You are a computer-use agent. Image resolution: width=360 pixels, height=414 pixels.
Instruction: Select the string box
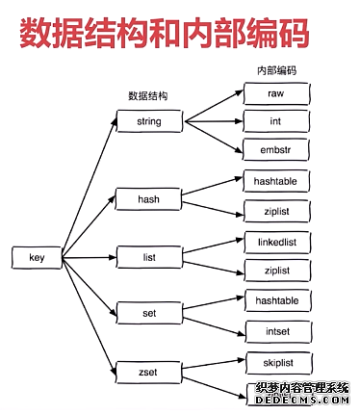(149, 121)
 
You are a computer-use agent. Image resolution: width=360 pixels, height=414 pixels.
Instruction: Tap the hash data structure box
(149, 200)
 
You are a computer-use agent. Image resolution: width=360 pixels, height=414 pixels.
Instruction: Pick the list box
(149, 257)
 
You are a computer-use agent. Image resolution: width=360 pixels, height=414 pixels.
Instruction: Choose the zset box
(149, 368)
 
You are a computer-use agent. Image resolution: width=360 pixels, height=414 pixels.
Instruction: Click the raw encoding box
(276, 93)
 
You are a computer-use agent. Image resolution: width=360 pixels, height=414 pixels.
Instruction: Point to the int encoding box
(276, 121)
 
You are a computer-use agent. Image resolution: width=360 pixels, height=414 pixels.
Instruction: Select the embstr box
(276, 149)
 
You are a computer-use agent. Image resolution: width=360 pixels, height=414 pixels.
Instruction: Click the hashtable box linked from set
(276, 300)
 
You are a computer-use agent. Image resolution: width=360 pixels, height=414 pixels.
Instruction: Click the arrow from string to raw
(212, 106)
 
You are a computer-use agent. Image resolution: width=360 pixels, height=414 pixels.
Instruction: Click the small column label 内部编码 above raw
(275, 71)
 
